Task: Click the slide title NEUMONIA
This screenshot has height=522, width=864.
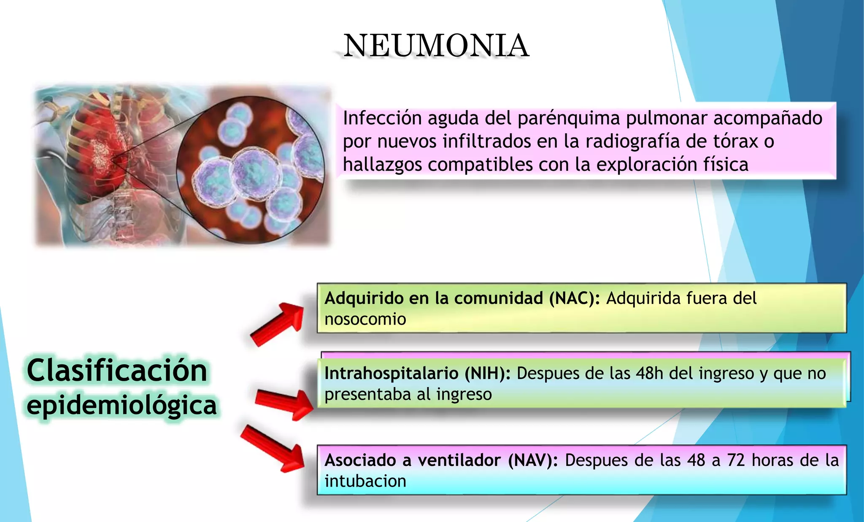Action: pos(436,46)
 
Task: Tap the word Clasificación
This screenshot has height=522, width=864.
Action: pos(117,370)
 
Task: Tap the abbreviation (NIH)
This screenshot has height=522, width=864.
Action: pos(488,373)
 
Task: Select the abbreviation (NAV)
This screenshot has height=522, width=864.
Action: pos(533,460)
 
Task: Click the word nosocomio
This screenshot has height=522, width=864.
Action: pos(365,319)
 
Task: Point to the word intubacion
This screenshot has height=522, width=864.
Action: pos(365,481)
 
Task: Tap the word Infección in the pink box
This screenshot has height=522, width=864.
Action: pos(382,118)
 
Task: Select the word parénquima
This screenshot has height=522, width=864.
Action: pos(569,118)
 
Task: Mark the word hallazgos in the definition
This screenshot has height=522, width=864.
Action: pos(382,164)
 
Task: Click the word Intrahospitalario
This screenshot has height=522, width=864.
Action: pos(391,373)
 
